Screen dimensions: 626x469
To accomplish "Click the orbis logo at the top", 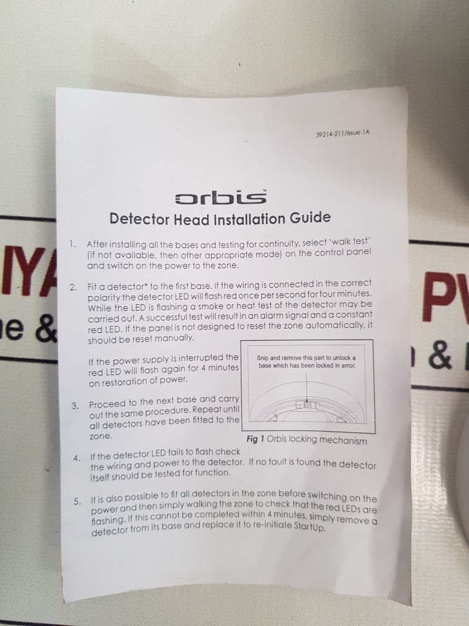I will point(221,198).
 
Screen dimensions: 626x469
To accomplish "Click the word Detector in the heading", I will point(135,219).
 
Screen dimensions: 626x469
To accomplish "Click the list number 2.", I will point(73,288).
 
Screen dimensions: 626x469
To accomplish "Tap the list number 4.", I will point(76,458).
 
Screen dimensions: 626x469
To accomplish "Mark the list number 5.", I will point(76,500).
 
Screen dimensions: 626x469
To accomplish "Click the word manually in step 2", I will point(175,338).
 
